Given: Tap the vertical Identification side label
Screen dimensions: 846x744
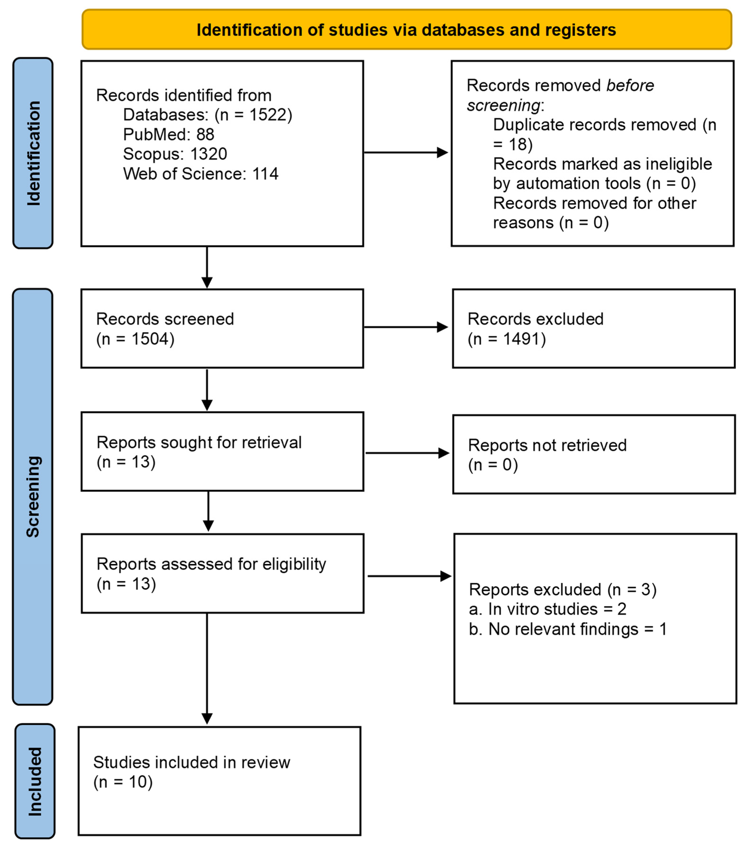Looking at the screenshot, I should click(33, 153).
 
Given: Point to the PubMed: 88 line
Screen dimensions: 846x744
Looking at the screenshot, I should click(168, 134).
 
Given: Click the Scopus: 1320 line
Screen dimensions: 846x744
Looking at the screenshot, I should click(175, 154).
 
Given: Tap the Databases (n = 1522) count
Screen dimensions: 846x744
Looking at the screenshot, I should click(253, 115).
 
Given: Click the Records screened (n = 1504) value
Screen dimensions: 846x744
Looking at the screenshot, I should click(135, 339).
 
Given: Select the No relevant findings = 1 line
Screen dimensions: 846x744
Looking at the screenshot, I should click(567, 629).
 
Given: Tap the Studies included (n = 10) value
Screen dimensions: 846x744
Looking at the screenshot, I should click(123, 782).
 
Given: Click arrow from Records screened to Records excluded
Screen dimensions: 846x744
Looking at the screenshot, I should click(405, 327).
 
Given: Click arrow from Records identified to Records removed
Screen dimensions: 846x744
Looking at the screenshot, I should click(405, 152).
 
